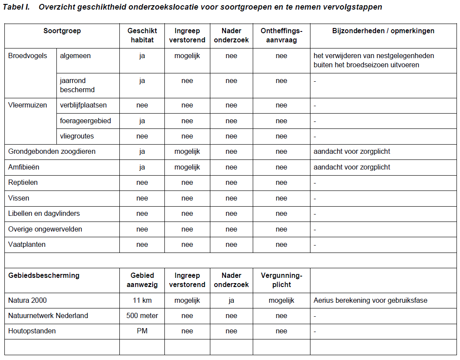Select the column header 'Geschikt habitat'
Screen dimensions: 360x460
[142, 35]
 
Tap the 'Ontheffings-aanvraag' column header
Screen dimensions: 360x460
[281, 35]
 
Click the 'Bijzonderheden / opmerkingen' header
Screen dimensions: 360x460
[383, 31]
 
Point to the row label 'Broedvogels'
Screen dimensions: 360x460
[28, 56]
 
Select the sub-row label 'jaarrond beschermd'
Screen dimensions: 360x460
[77, 85]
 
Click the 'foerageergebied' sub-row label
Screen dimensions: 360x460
[85, 121]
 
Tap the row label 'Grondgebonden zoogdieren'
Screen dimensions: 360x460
[52, 152]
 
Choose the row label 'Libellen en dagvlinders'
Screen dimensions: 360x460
[44, 214]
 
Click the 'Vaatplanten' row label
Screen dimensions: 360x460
[27, 245]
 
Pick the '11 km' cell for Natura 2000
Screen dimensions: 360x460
[142, 301]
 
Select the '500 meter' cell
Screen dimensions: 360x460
[142, 316]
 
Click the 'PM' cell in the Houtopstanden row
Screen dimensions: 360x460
[142, 331]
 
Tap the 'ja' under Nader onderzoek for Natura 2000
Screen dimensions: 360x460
[231, 301]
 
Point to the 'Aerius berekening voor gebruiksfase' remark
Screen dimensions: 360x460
[370, 301]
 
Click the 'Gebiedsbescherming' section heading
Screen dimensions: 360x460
[44, 276]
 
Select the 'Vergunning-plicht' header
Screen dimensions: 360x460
[281, 280]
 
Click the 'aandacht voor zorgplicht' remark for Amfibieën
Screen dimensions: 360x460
[352, 167]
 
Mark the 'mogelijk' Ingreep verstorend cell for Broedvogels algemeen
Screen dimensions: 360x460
[187, 56]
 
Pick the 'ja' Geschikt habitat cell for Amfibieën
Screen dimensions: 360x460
[142, 167]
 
